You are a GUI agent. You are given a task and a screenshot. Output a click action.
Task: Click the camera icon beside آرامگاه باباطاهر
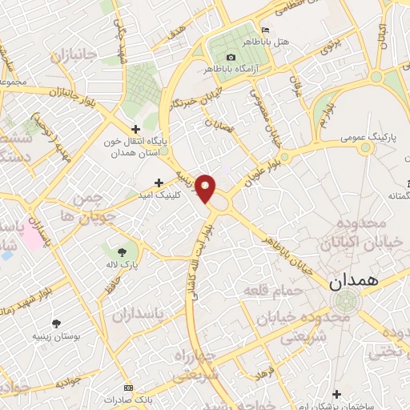231,57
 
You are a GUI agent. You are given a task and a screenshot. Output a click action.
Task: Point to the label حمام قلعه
274,289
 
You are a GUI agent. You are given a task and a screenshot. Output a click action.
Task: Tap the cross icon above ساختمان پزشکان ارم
336,394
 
